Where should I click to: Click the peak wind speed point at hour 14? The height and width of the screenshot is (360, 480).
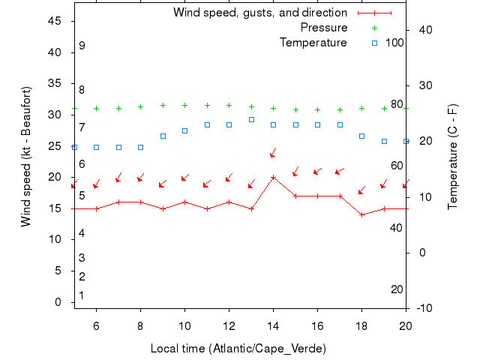pos(273,178)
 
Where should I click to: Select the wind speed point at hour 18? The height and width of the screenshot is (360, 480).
pos(361,214)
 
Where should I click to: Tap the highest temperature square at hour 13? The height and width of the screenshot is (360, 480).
pos(251,119)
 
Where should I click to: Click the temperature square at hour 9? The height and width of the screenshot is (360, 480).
pos(163,136)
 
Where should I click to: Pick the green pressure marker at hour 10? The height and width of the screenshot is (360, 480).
pos(184,106)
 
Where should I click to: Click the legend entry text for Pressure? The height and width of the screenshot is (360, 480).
pos(323,28)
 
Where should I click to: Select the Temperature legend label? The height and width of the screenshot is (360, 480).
pos(313,43)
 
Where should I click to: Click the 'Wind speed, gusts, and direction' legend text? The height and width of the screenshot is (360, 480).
pos(259,13)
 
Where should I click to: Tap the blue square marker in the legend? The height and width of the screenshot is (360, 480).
pos(375,43)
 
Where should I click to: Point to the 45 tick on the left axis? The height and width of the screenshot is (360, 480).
pos(54,21)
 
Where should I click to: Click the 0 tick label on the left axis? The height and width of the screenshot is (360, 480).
pos(58,301)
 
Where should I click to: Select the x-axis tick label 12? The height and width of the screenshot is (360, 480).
pos(229,325)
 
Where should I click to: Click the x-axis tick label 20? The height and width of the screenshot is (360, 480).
pos(406,325)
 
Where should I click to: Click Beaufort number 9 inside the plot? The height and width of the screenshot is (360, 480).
pos(82,46)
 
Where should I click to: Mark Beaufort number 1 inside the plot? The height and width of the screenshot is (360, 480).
pos(82,295)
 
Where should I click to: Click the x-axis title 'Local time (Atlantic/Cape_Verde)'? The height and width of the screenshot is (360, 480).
pos(238,348)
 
